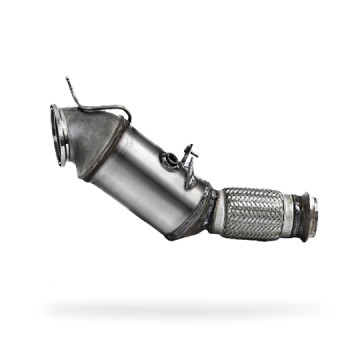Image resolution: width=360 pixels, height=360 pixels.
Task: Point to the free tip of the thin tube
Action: (x=68, y=77)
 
